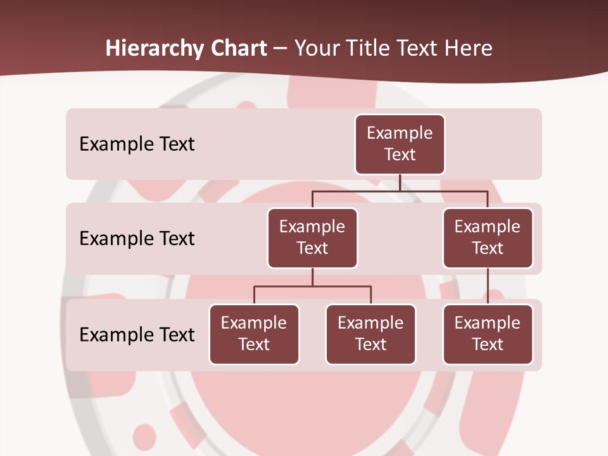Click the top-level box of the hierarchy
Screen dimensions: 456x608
tap(400, 144)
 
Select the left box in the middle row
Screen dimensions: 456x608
tap(312, 237)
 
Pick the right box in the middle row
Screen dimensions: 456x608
tap(488, 237)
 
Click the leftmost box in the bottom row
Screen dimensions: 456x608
tap(254, 334)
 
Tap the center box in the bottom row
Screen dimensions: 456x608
tap(370, 334)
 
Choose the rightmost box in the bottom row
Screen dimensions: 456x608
tap(488, 334)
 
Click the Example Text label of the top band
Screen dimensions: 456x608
tap(137, 144)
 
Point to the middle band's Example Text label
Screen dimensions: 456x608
tap(137, 239)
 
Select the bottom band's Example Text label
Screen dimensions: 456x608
tap(137, 334)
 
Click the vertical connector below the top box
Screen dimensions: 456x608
tap(400, 182)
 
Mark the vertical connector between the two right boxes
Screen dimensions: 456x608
tap(488, 286)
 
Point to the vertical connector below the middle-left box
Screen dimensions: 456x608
tap(312, 277)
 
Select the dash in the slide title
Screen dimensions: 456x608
tap(281, 49)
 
